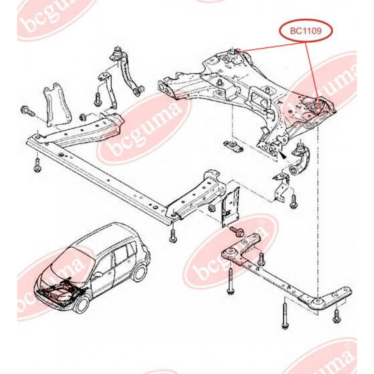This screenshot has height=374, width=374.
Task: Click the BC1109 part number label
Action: tap(306, 31)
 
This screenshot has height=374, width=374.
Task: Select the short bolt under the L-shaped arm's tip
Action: tap(337, 315)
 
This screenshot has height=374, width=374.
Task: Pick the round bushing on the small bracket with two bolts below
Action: tap(231, 252)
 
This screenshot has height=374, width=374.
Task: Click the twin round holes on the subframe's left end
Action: tap(165, 88)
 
